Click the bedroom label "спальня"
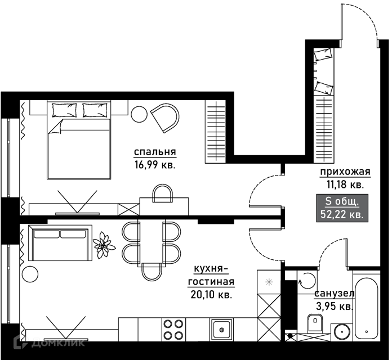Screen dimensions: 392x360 [155, 152]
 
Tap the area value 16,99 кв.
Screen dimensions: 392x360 [155, 165]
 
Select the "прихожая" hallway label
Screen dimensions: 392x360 [345, 172]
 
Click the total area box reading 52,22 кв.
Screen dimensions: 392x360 [342, 208]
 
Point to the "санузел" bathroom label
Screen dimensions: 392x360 [335, 294]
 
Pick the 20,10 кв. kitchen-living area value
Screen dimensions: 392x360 [211, 295]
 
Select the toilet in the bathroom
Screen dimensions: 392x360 [315, 322]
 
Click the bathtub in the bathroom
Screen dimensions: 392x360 [366, 309]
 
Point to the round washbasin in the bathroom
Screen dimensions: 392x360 [342, 332]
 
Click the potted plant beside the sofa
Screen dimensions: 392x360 [104, 245]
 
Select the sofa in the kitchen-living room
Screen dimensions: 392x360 [60, 243]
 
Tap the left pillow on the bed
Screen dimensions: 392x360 [64, 110]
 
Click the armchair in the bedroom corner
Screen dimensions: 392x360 [166, 118]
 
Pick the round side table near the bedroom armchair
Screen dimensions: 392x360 [139, 114]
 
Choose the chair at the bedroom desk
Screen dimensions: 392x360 [163, 193]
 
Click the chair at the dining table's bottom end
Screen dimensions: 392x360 [152, 272]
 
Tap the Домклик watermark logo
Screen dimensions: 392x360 [49, 342]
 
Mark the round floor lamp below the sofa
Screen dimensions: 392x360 [30, 274]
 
